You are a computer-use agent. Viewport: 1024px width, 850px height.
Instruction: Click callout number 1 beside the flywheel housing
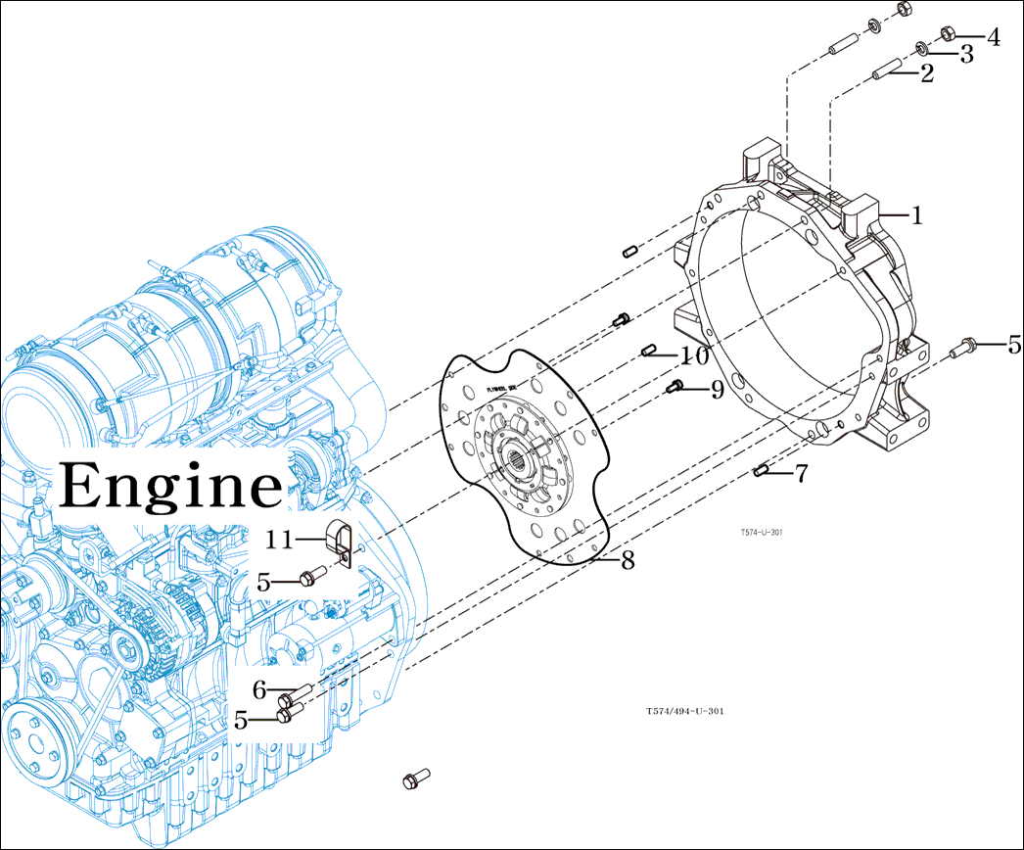[x=916, y=216]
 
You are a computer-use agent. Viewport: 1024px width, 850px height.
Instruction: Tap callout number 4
[x=993, y=38]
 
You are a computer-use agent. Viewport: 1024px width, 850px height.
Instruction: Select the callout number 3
[x=966, y=55]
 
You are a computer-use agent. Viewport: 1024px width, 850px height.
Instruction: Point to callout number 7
[x=801, y=475]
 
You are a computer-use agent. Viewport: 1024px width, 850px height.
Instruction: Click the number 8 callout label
[x=628, y=560]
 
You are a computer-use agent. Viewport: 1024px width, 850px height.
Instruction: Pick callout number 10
[x=695, y=355]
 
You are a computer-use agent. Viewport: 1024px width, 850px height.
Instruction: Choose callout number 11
[x=280, y=539]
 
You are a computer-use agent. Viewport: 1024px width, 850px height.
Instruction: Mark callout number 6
[x=259, y=690]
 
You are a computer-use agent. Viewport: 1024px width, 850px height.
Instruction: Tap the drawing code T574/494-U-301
[x=684, y=712]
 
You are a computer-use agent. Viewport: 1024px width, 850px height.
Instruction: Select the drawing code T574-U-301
[x=761, y=533]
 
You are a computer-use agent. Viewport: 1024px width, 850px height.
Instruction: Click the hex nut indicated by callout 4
[x=948, y=33]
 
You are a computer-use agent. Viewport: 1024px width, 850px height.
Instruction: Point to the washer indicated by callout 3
[x=921, y=48]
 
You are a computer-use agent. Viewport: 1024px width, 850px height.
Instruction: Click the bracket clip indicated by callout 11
[x=338, y=543]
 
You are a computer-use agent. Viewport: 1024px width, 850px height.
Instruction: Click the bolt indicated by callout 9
[x=674, y=388]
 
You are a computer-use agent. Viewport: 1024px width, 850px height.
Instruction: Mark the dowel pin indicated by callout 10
[x=647, y=351]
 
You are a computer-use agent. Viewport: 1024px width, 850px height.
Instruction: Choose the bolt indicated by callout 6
[x=295, y=694]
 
